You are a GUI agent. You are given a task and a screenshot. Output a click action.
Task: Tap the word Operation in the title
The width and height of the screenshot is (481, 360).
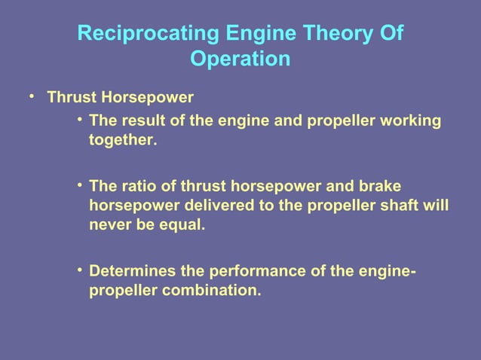[240, 59]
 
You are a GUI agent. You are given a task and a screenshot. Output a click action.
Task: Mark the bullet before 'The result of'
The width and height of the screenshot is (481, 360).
[79, 120]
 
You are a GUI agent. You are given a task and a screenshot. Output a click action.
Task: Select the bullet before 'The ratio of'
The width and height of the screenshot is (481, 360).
[79, 185]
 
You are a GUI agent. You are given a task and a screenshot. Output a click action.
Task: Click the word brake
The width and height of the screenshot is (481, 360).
[381, 185]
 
